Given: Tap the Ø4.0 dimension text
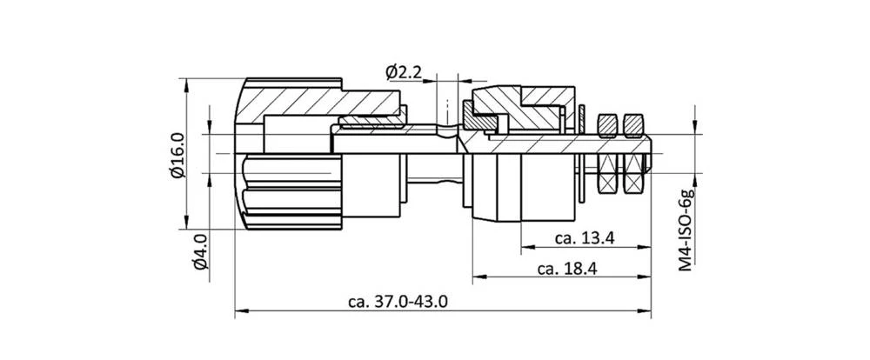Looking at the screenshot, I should (198, 252).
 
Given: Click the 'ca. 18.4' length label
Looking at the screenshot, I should (566, 269).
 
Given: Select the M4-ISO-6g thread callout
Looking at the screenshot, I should (686, 228).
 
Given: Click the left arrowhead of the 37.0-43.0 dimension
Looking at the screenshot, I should (241, 310).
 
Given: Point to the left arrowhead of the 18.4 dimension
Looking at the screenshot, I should (478, 279).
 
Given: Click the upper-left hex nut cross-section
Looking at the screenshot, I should (608, 126).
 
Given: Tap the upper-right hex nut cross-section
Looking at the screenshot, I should (632, 126).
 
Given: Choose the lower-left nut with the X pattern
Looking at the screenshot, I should (608, 177).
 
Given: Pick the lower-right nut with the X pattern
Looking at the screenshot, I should (632, 177).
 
